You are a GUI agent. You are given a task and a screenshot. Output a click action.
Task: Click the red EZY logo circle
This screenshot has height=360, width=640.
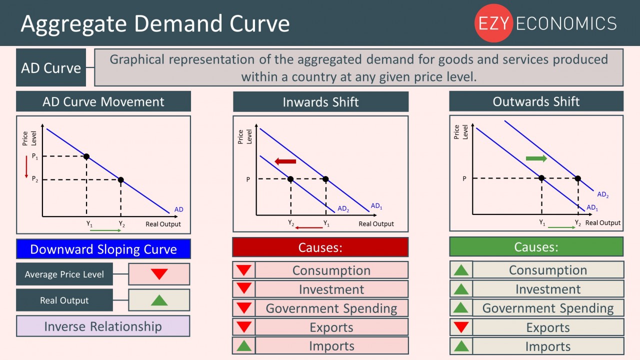click(493, 23)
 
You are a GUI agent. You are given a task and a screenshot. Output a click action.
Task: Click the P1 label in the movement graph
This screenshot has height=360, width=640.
click(35, 156)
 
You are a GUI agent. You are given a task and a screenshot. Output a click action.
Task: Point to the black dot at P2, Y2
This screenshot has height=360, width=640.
click(121, 180)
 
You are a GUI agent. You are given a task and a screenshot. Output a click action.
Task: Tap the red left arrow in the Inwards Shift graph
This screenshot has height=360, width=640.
click(285, 161)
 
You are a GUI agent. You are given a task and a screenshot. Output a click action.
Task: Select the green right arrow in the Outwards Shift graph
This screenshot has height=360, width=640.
click(536, 158)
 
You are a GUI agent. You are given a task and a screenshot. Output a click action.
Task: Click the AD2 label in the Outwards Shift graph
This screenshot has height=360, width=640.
click(603, 195)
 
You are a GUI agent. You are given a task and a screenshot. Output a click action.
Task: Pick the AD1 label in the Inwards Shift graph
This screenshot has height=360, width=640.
click(376, 206)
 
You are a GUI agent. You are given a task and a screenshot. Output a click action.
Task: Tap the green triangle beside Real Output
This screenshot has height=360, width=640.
click(159, 300)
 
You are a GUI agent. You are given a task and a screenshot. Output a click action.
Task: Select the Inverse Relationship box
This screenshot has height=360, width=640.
click(103, 326)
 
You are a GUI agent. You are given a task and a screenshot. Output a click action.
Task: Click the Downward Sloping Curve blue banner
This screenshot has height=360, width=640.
click(103, 249)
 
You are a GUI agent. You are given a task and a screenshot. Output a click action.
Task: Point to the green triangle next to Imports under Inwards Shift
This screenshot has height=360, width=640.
click(244, 345)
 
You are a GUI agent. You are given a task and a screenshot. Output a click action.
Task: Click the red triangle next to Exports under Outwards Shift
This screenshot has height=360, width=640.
click(461, 327)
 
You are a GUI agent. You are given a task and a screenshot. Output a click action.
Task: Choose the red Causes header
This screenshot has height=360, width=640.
click(320, 247)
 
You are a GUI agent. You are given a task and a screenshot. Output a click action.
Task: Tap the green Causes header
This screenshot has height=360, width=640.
click(536, 246)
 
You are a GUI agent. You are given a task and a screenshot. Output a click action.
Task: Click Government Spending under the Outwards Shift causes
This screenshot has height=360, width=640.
click(548, 308)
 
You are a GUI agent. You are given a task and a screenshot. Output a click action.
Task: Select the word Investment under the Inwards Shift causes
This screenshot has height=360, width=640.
click(331, 289)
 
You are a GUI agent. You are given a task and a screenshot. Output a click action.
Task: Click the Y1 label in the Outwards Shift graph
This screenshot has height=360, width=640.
click(542, 222)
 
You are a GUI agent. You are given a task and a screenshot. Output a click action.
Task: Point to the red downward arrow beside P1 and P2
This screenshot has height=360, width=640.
click(26, 167)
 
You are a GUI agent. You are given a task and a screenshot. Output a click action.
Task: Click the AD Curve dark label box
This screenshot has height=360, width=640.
click(51, 67)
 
